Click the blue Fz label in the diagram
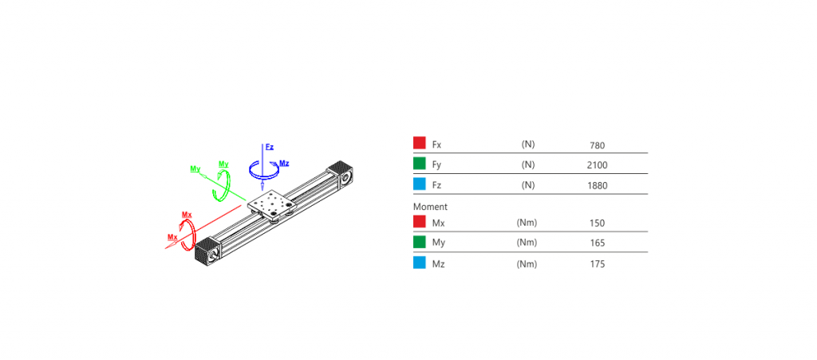[270, 147]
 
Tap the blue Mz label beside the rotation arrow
[284, 163]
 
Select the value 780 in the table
[597, 145]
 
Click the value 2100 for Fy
[597, 166]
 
